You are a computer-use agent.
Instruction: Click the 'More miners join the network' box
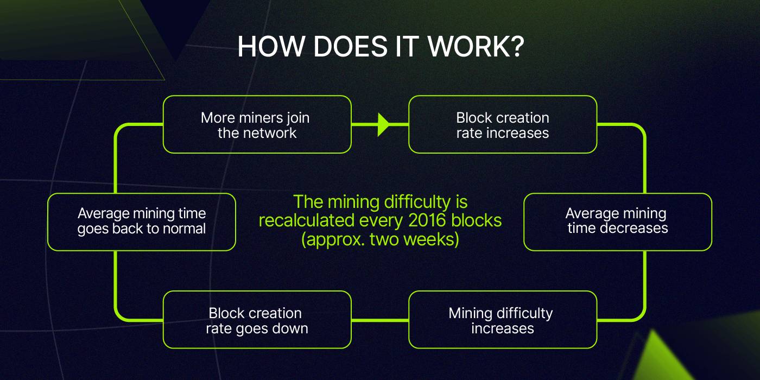click(x=257, y=124)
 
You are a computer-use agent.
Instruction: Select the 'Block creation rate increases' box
click(x=503, y=124)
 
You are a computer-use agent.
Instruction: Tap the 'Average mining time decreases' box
click(x=618, y=222)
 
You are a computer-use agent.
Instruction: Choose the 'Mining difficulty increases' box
click(x=503, y=320)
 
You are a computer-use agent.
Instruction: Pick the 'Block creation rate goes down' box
click(x=257, y=320)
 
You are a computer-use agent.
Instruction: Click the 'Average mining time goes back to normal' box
click(x=142, y=222)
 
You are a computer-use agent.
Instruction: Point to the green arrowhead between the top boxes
click(x=384, y=124)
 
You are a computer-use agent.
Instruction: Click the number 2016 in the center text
click(x=427, y=220)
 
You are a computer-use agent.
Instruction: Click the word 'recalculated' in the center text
click(x=306, y=220)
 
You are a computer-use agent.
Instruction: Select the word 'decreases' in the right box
click(x=634, y=228)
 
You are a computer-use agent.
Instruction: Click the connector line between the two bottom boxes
click(x=380, y=320)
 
